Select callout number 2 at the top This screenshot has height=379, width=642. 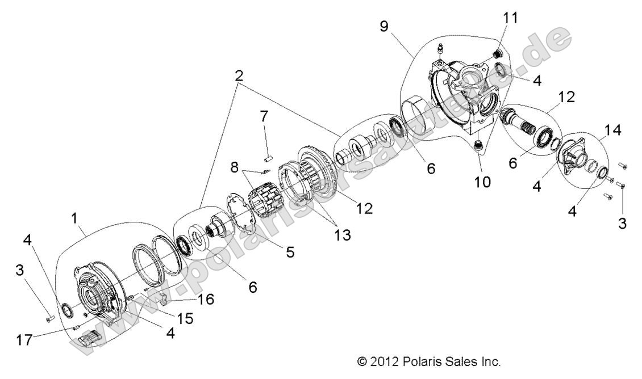coord(239,75)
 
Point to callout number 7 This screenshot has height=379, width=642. coord(263,117)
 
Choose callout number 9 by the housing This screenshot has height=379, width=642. coord(385,27)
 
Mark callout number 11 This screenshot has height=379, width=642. coord(511,18)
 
